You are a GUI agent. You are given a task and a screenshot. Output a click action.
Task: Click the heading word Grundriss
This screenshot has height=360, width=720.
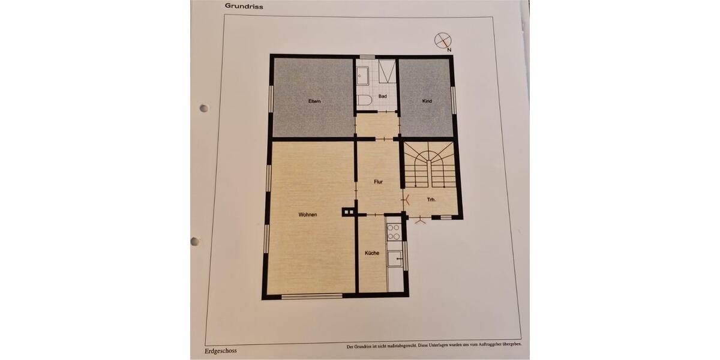tap(244, 6)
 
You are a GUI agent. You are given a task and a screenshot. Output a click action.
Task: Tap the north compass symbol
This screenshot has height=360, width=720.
tap(443, 41)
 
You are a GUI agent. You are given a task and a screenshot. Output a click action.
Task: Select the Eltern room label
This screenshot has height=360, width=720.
tap(314, 101)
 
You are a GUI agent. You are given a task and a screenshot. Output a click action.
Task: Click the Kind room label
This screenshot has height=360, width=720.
tap(427, 101)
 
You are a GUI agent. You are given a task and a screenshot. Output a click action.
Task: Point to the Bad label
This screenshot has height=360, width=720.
tap(382, 96)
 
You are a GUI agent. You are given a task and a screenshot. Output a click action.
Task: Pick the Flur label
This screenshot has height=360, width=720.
tap(378, 181)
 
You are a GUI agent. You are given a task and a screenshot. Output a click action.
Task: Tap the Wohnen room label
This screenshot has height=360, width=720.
tap(307, 215)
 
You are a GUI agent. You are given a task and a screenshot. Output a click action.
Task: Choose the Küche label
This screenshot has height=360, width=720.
tap(371, 253)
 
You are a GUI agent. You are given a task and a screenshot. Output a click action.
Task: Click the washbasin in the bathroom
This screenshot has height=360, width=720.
tap(364, 76)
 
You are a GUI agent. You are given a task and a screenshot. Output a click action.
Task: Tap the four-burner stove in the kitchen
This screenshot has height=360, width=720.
tap(394, 232)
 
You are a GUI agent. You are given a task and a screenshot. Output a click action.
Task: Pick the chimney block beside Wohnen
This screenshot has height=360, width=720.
tap(347, 211)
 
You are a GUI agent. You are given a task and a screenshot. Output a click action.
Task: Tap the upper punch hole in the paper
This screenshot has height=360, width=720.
tap(204, 109)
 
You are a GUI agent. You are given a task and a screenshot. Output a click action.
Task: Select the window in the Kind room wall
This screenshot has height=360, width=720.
tap(454, 99)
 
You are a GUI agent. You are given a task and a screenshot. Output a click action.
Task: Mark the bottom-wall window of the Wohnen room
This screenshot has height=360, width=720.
tap(311, 295)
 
